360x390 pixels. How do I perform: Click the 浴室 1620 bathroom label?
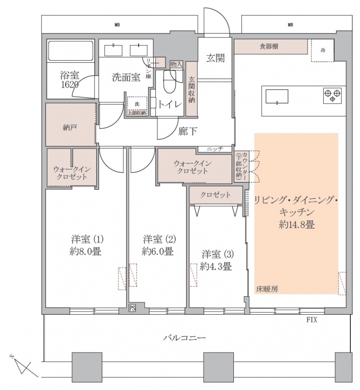click(70, 80)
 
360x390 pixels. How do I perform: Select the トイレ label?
click(170, 105)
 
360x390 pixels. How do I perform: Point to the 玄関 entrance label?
click(215, 58)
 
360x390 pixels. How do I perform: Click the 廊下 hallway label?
click(187, 131)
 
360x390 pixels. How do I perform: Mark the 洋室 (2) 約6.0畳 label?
click(158, 245)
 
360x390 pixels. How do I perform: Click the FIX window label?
click(311, 320)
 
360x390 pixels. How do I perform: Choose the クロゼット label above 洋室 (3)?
click(215, 194)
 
